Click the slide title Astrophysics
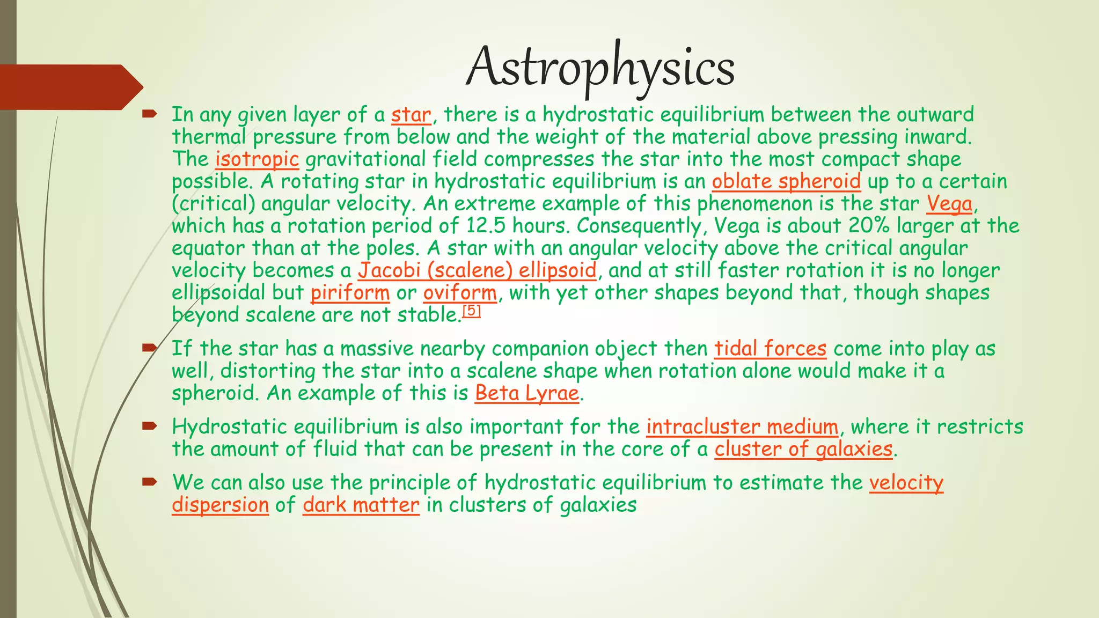coord(600,68)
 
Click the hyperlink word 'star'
coord(411,115)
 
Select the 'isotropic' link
coord(257,159)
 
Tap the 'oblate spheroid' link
coord(786,181)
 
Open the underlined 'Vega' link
coord(949,204)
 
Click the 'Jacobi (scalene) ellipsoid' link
coord(477,270)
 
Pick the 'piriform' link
coord(350,293)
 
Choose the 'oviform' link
coord(460,293)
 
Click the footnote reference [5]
coord(471,311)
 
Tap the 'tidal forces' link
coord(770,349)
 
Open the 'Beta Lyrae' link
coord(527,393)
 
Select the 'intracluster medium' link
coord(742,427)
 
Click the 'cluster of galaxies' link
coord(803,449)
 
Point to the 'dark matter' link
coord(361,505)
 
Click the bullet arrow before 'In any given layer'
coord(149,114)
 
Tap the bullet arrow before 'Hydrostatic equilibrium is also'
coord(149,426)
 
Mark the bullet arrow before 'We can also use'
coord(149,482)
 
